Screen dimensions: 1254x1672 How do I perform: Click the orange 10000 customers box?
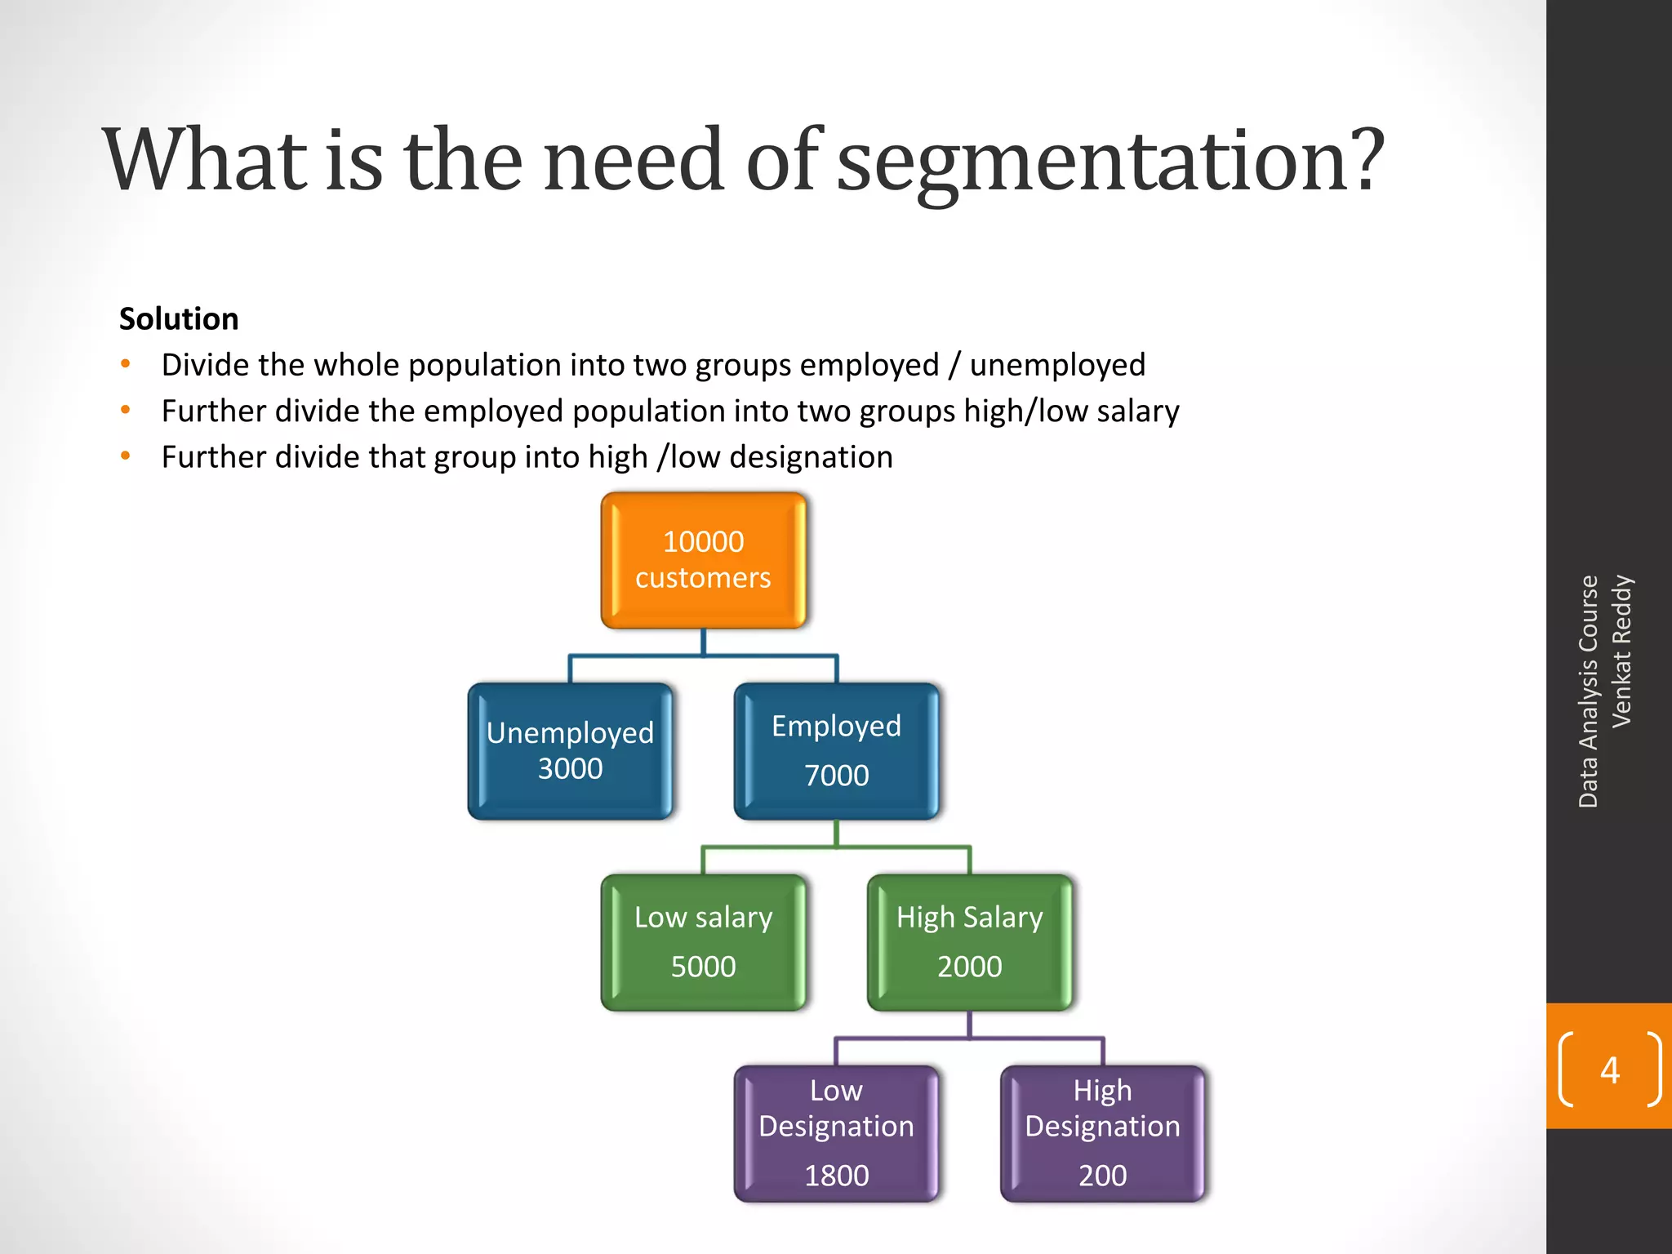coord(703,560)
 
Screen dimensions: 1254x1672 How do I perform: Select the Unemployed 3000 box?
coord(570,751)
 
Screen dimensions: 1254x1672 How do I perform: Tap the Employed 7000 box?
coord(836,751)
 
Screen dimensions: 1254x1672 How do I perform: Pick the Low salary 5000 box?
coord(703,942)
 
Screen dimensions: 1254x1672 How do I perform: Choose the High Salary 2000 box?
coord(969,942)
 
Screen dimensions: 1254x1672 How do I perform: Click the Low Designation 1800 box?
coord(836,1133)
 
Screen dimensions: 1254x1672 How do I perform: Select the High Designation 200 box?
coord(1102,1133)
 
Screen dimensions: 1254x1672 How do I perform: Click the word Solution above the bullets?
coord(179,318)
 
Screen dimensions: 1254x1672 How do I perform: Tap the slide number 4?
coord(1609,1069)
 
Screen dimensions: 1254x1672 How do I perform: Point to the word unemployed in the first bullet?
coord(1057,365)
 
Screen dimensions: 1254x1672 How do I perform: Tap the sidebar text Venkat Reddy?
coord(1621,651)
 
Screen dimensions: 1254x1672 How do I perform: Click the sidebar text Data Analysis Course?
coord(1588,691)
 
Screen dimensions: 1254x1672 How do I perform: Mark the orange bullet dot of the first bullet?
coord(126,364)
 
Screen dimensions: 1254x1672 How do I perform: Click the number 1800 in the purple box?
coord(836,1175)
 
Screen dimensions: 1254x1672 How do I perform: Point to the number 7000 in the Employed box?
coord(836,775)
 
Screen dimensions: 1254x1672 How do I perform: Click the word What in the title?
coord(205,161)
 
